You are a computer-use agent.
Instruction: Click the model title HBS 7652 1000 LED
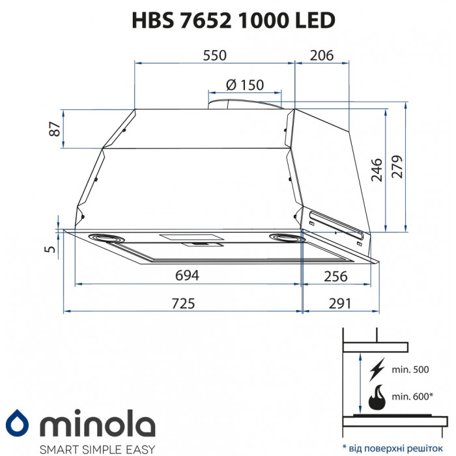tap(227, 20)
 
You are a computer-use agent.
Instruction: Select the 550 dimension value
tap(214, 55)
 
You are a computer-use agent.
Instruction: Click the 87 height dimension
tap(57, 128)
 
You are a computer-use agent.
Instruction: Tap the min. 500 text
tap(410, 370)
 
